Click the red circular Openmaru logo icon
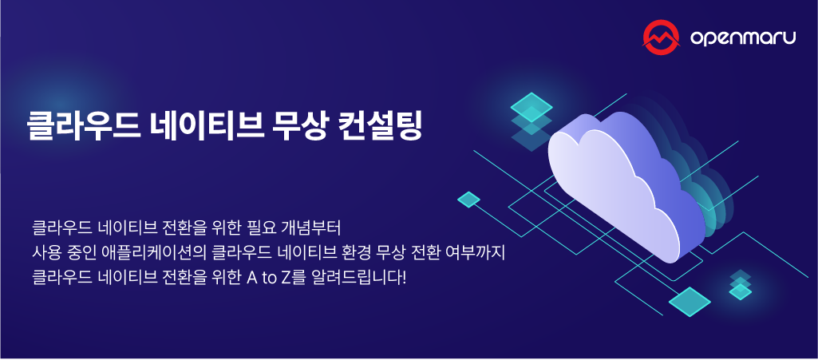pos(662,37)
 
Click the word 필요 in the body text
pos(255,226)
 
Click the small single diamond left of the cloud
pos(468,199)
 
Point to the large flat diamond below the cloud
pos(690,302)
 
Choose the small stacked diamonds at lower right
pos(741,285)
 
